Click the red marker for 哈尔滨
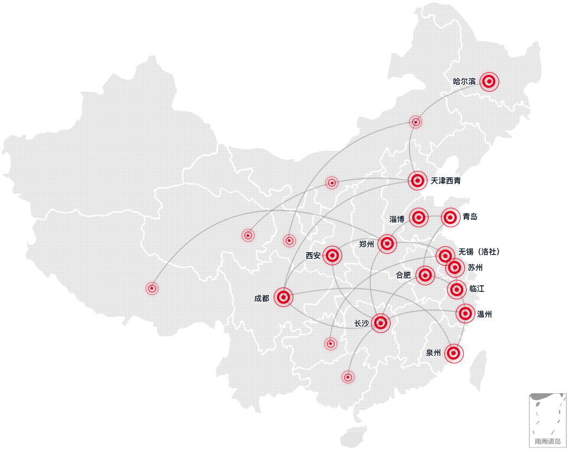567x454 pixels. pos(489,81)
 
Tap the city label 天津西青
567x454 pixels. pos(445,181)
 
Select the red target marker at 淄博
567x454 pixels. pos(419,218)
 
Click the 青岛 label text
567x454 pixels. pos(470,217)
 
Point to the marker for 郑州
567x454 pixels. pos(387,244)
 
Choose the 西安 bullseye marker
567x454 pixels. pos(333,255)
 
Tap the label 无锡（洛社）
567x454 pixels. pos(478,252)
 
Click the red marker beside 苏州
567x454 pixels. pos(455,267)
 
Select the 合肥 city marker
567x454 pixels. pos(425,275)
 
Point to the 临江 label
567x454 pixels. pos(477,289)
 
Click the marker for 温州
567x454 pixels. pos(465,313)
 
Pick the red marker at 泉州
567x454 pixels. pos(454,353)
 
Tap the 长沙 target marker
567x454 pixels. pos(381,323)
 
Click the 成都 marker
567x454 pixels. pos(283,297)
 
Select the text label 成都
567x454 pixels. pos(261,298)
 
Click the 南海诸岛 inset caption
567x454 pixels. pos(547,442)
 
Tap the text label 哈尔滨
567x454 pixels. pos(464,81)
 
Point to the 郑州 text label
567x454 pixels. pos(367,244)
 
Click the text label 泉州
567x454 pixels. pos(433,353)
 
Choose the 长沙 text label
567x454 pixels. pos(361,324)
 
